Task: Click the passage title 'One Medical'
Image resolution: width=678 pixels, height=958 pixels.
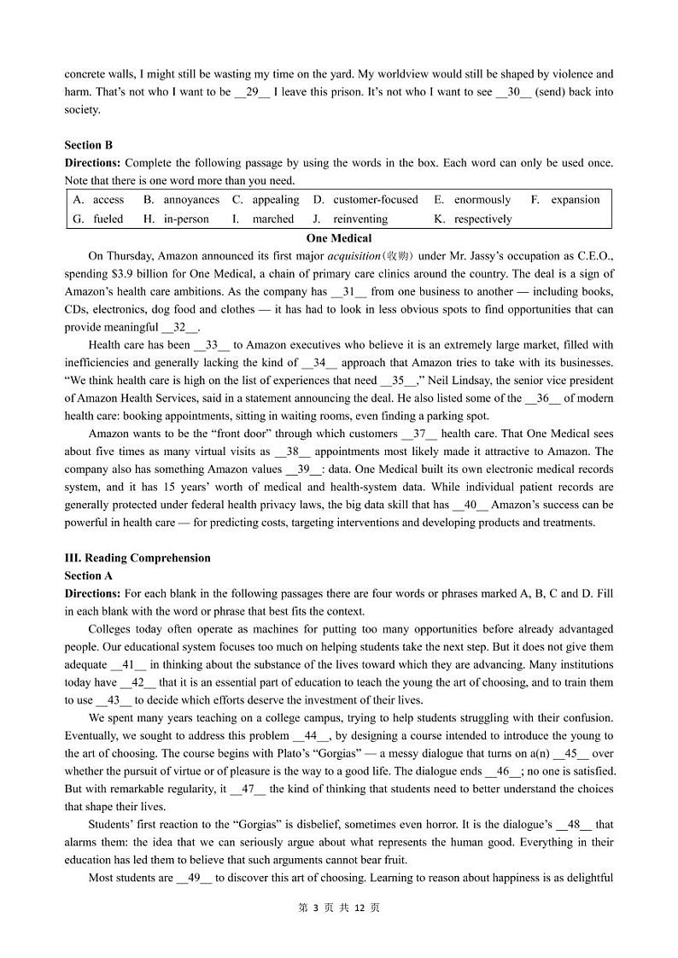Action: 339,238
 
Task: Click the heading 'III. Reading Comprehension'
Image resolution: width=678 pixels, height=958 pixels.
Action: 137,558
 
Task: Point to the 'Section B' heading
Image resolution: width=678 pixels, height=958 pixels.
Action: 88,145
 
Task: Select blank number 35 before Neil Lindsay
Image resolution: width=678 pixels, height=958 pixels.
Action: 397,381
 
